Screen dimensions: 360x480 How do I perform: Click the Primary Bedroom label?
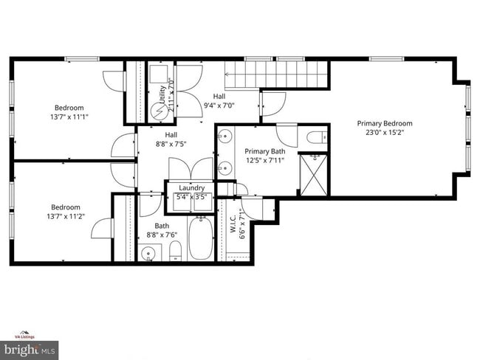click(385, 123)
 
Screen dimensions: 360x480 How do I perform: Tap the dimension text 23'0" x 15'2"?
click(385, 133)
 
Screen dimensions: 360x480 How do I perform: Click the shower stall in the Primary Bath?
click(314, 174)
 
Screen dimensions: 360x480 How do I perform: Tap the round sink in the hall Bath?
click(148, 255)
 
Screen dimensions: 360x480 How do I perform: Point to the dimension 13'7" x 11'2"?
click(66, 217)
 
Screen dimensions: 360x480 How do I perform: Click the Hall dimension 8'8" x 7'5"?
click(171, 145)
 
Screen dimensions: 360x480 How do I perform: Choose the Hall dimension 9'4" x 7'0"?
click(219, 105)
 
